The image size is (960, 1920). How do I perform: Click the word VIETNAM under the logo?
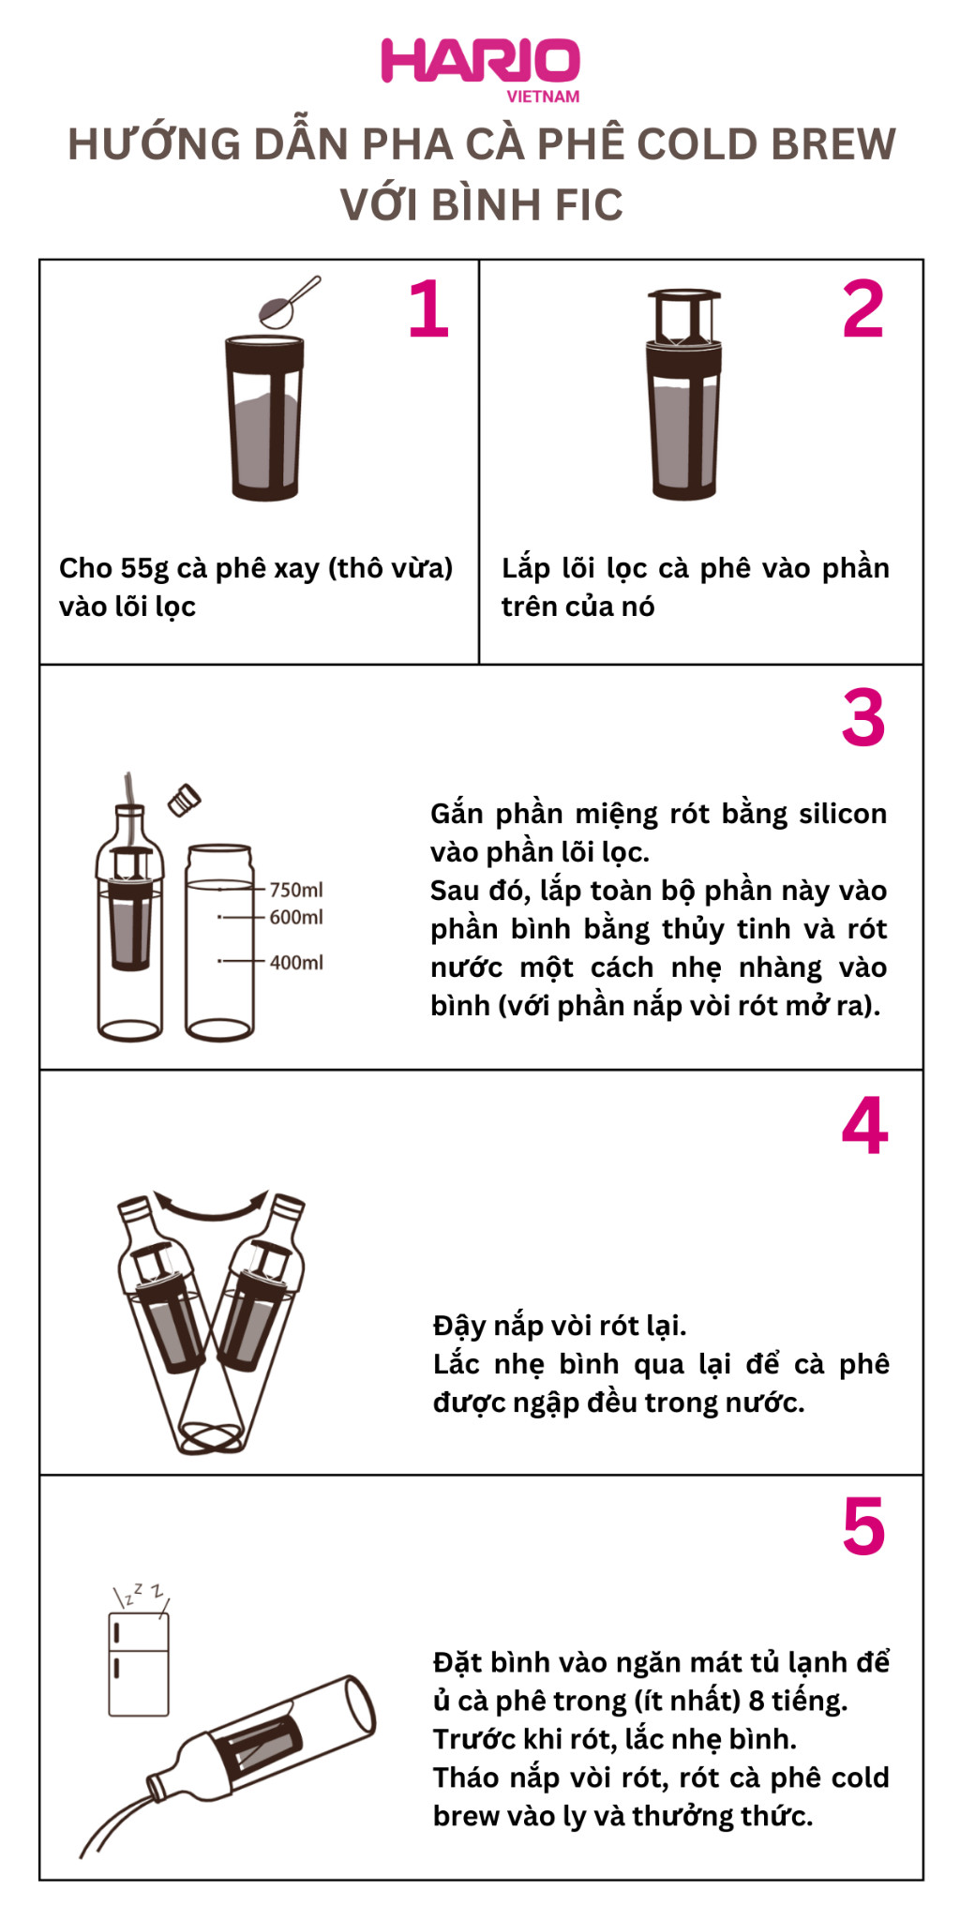coord(543,97)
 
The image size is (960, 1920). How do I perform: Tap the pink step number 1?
coord(428,308)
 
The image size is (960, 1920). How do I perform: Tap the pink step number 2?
coord(863,309)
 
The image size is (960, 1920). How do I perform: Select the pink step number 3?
coord(863,717)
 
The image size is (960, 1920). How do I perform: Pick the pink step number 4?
coord(864,1125)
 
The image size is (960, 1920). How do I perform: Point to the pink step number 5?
coord(863,1526)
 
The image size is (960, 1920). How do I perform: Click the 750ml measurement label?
coord(296,890)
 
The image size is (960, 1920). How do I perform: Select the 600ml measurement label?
coord(296,917)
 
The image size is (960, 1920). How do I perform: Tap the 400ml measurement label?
coord(296,962)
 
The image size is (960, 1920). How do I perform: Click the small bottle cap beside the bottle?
coord(184,800)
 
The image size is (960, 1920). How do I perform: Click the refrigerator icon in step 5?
coord(139,1664)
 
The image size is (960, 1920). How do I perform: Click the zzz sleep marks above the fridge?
coord(141,1593)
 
